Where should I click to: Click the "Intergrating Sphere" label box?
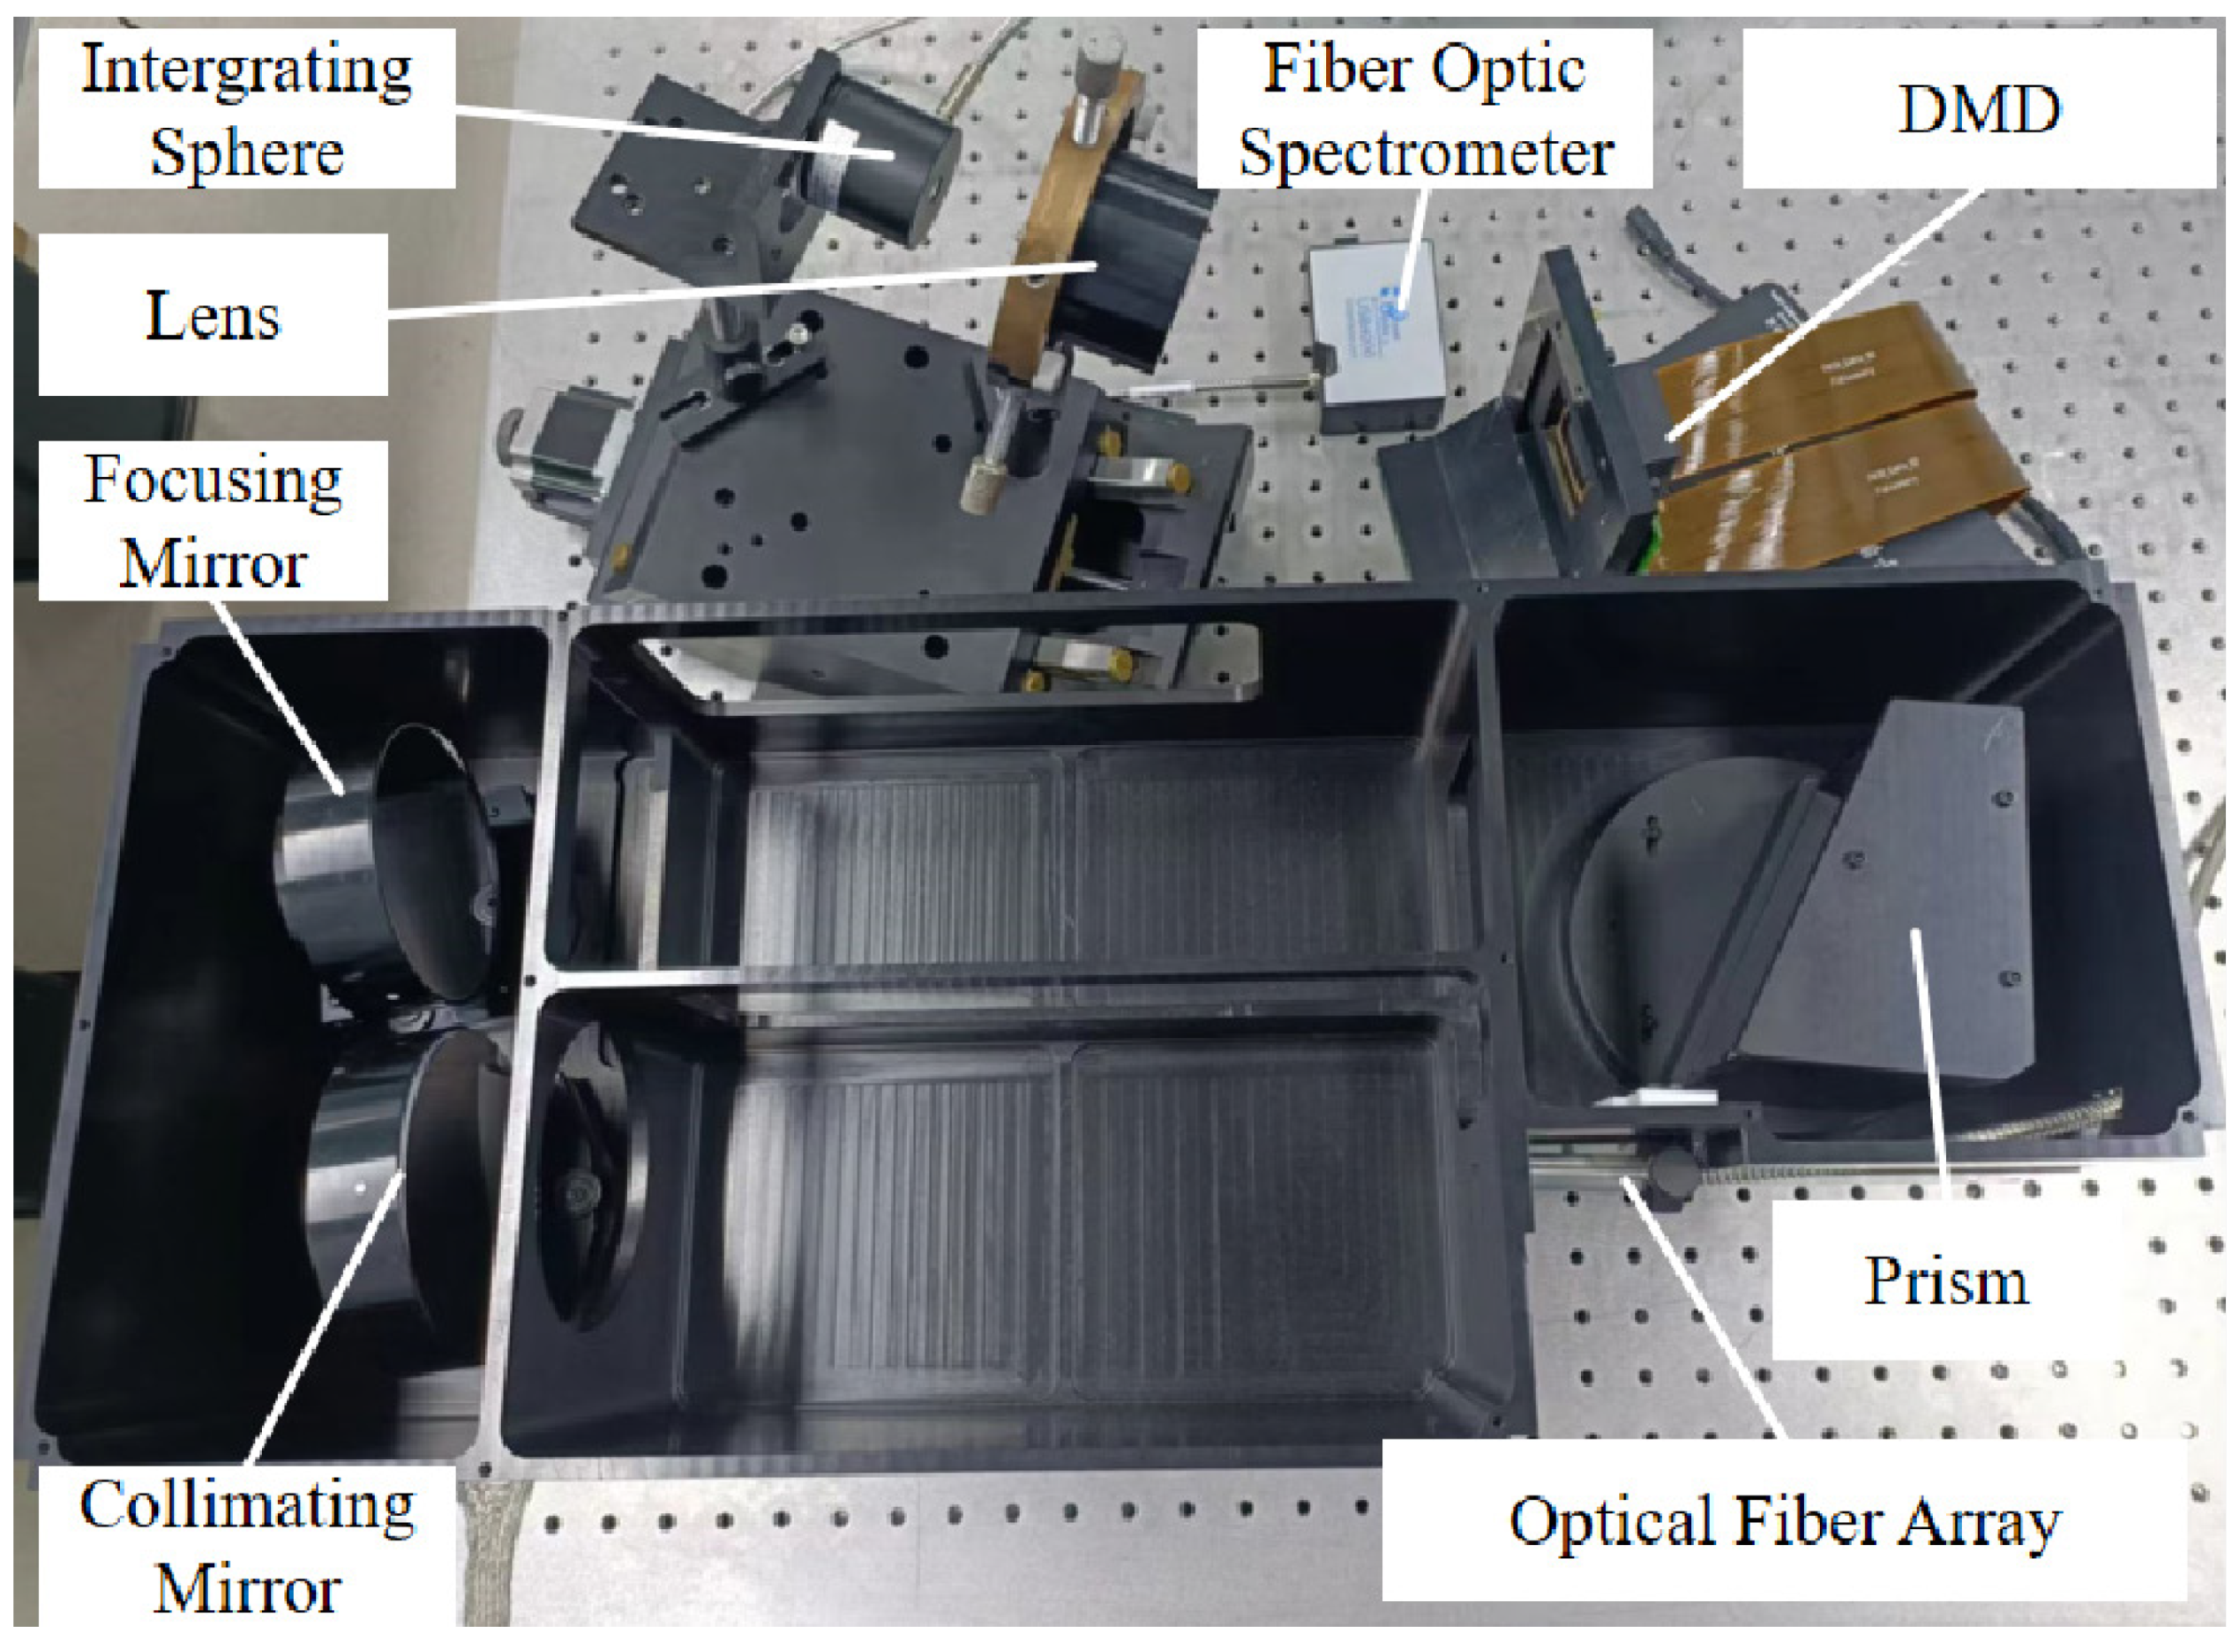point(246,108)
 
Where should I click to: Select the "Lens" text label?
point(213,315)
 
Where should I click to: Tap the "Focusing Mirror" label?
point(213,520)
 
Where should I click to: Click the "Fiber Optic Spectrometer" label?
point(1424,108)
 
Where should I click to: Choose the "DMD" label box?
point(1978,108)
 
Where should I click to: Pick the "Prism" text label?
point(1944,1280)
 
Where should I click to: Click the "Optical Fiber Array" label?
point(1784,1520)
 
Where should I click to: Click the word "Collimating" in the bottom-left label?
point(246,1507)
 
